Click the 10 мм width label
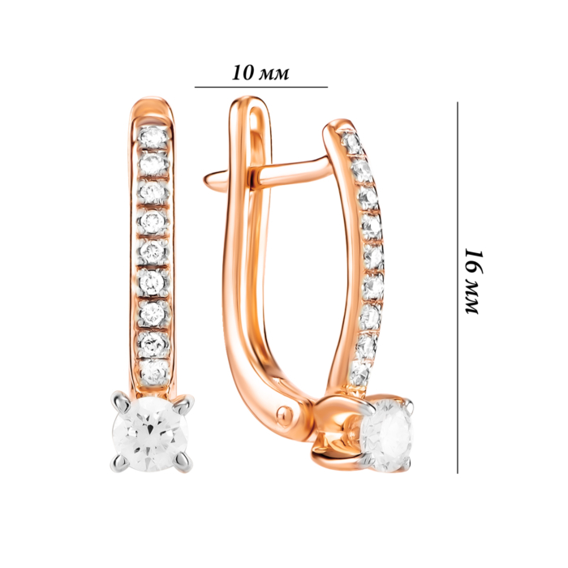point(260,72)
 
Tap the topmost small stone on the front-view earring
point(152,138)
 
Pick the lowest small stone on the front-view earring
point(152,368)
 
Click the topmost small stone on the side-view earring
point(351,143)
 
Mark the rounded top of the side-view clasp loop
point(247,104)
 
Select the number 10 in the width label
point(241,72)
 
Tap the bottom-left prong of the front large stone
point(116,464)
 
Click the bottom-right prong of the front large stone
point(187,464)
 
